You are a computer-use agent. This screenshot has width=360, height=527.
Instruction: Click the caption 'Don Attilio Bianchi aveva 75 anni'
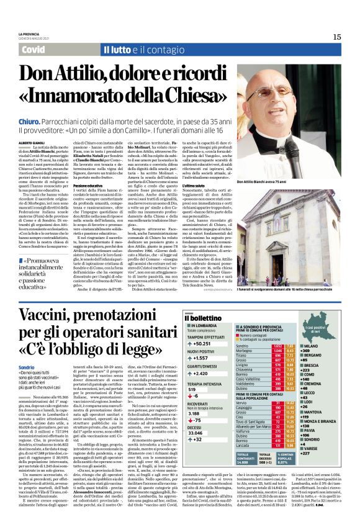(271, 182)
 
